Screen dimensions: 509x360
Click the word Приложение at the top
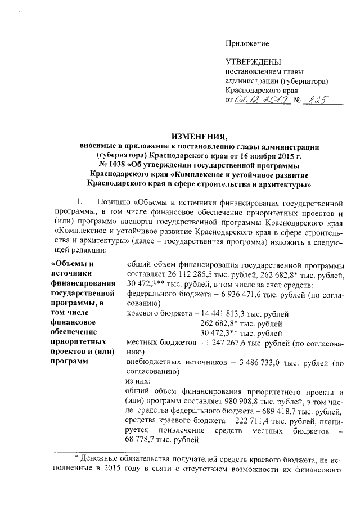[247, 43]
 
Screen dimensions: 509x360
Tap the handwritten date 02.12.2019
[262, 100]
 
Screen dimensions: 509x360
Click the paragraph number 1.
[80, 201]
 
